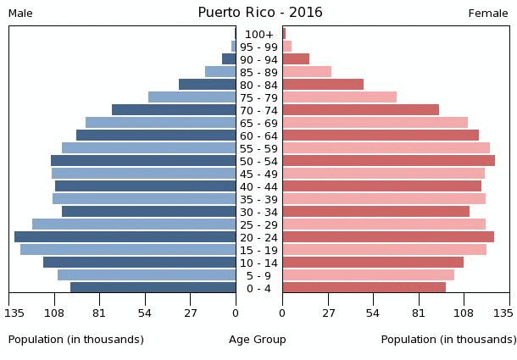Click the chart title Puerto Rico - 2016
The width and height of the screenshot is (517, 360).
(260, 13)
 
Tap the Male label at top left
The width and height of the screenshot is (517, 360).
(20, 14)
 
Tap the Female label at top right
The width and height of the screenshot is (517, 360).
(487, 14)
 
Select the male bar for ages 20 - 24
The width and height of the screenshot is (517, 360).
(125, 237)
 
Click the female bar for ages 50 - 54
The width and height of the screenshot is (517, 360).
(388, 161)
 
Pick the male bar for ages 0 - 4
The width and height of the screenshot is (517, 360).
(153, 288)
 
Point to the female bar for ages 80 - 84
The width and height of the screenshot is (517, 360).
(323, 85)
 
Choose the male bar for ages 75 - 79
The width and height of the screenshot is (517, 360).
(192, 97)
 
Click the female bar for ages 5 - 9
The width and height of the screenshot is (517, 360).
(368, 275)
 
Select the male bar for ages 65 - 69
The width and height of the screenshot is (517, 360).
(160, 123)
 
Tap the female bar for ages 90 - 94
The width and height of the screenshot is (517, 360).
(296, 59)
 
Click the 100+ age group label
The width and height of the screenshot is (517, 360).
(258, 34)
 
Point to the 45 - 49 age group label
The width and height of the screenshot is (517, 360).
(258, 174)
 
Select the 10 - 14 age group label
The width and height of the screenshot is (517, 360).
(258, 263)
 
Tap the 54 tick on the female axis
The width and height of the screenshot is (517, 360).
(373, 313)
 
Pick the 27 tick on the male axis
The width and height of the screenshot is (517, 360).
(191, 313)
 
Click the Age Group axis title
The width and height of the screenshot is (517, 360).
(258, 340)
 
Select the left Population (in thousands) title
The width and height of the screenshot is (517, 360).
(76, 340)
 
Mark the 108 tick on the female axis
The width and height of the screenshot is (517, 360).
(464, 313)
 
